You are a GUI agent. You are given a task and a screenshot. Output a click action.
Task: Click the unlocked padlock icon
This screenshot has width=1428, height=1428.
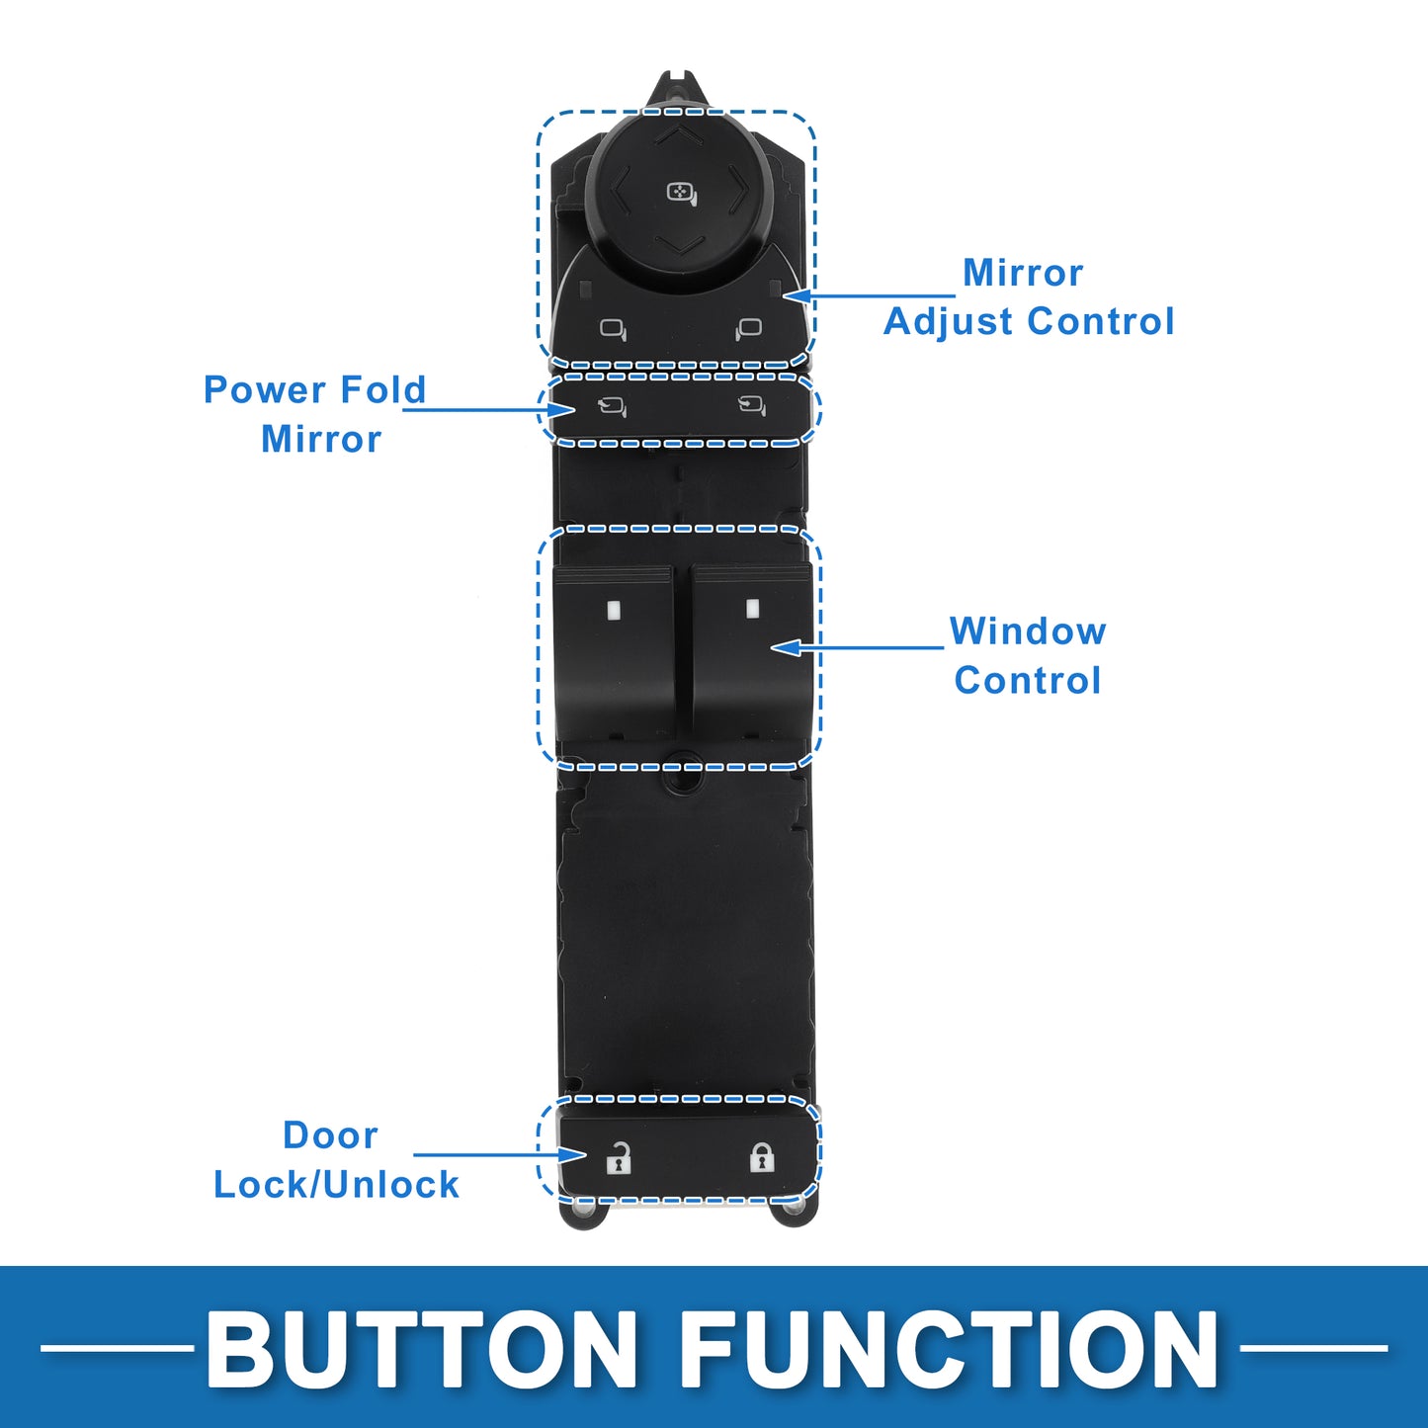[x=619, y=1157]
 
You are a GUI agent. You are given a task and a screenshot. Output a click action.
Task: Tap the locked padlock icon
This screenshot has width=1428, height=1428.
[x=761, y=1156]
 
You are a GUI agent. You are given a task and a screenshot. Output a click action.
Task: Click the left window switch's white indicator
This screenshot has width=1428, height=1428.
[x=613, y=610]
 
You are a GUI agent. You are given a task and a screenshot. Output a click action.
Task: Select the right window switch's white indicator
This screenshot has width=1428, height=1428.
[x=752, y=609]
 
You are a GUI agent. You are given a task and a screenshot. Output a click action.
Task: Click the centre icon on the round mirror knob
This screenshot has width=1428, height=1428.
[x=681, y=193]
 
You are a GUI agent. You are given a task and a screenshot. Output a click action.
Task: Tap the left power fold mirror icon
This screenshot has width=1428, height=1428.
[x=613, y=405]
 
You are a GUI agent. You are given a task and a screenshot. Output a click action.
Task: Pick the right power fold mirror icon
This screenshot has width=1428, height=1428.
[x=752, y=404]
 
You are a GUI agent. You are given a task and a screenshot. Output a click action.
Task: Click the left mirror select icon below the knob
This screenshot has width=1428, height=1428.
[x=613, y=329]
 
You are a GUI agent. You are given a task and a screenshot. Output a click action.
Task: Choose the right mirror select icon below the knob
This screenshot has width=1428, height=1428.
[x=749, y=328]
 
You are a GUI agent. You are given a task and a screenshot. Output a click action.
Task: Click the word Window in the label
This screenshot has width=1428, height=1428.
[x=1028, y=631]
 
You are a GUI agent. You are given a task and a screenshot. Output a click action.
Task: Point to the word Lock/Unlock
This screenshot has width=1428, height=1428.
[x=336, y=1184]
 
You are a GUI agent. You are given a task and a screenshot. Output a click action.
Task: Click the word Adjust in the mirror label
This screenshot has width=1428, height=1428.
[x=949, y=321]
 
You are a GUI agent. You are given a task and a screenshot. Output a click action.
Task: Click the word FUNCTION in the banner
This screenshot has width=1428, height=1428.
[x=949, y=1349]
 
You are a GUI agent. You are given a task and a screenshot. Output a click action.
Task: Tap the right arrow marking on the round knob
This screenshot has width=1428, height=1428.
[x=737, y=189]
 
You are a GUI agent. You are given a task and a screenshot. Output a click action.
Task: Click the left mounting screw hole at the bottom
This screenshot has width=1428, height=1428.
[x=582, y=1210]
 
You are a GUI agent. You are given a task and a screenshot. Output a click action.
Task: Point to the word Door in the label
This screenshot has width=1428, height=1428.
[x=330, y=1135]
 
